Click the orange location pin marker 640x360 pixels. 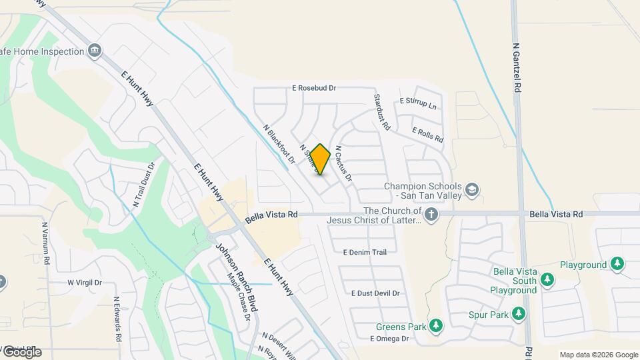tap(320, 159)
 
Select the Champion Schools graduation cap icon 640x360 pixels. tap(473, 190)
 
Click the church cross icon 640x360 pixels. tap(431, 215)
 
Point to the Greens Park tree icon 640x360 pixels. tap(436, 326)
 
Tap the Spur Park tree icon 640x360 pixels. tap(519, 313)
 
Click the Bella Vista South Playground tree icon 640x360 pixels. tap(547, 279)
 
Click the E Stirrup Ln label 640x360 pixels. tap(418, 103)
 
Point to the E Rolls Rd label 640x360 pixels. tap(428, 135)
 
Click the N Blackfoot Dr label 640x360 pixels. tap(279, 144)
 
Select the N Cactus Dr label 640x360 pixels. tap(343, 163)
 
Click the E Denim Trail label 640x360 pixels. tap(365, 253)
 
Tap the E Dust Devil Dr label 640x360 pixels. tap(375, 293)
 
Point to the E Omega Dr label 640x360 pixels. tap(389, 339)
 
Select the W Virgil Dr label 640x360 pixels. tap(85, 283)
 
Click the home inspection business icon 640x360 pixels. tap(95, 51)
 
